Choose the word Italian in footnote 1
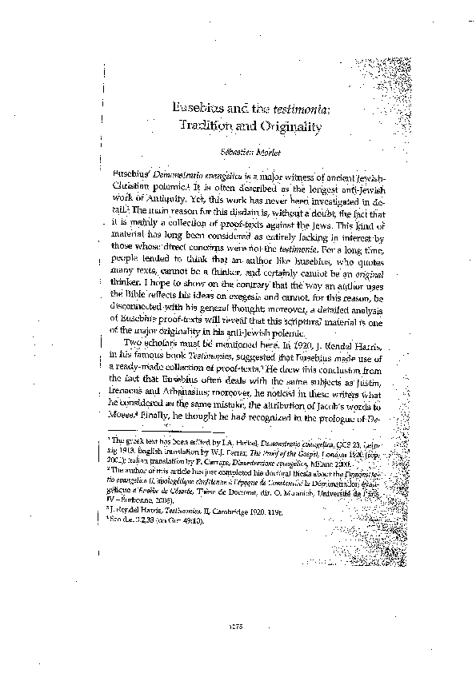coord(130,464)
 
